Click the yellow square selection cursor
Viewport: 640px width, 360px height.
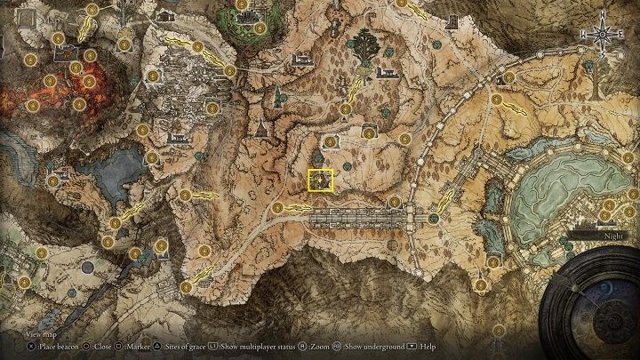point(320,180)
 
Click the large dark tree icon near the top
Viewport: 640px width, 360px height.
point(365,44)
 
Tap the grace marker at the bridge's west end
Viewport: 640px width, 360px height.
point(279,209)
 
